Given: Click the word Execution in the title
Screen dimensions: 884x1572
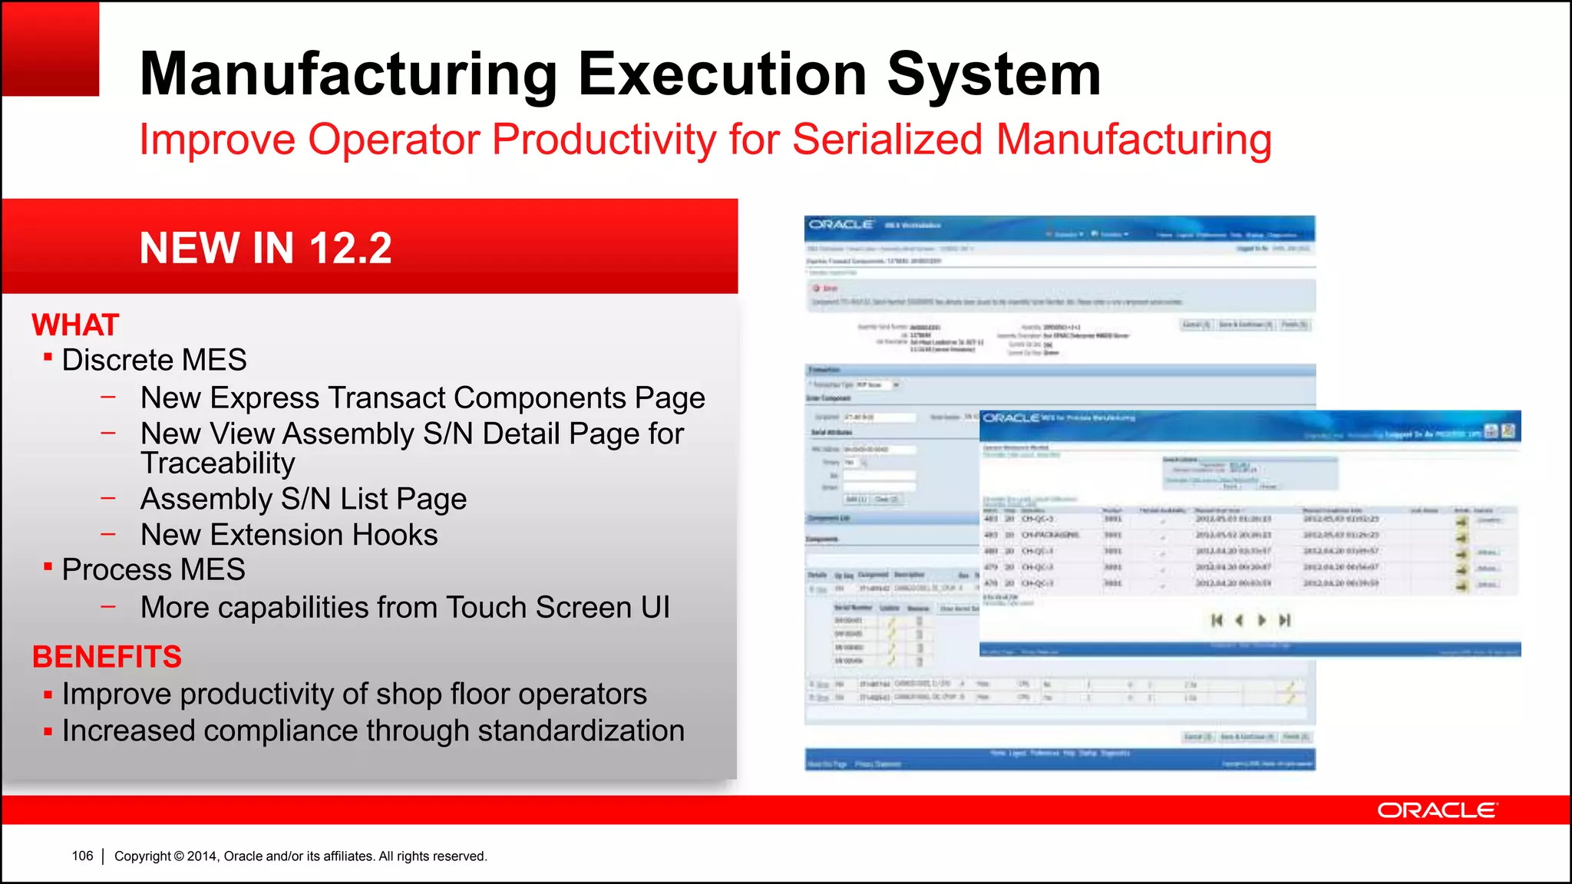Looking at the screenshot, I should coord(722,74).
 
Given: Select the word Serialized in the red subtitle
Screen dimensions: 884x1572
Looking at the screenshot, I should coord(887,140).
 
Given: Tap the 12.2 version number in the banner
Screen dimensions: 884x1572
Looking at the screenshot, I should coord(351,248).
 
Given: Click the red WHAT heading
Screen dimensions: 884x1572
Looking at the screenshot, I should coord(75,325).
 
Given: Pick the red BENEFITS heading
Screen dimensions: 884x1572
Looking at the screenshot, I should coord(107,657).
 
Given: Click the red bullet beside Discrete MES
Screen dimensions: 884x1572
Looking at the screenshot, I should coord(48,357).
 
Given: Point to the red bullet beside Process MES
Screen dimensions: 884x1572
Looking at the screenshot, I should coord(48,566).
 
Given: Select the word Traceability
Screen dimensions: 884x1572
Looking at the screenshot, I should coord(218,463).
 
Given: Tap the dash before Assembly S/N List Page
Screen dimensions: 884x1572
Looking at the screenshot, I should coord(108,498).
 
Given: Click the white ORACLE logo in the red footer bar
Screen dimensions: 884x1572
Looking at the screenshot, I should coord(1436,810).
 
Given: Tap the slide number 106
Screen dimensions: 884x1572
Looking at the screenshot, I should coord(82,856).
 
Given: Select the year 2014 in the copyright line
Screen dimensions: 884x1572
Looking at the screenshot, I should coord(202,856).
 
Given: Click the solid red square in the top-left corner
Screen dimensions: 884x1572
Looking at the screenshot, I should coord(51,48).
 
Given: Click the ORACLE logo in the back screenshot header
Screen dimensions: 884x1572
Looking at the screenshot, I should coord(841,224).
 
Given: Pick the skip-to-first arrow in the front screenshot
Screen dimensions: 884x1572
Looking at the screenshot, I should coord(1217,620).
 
